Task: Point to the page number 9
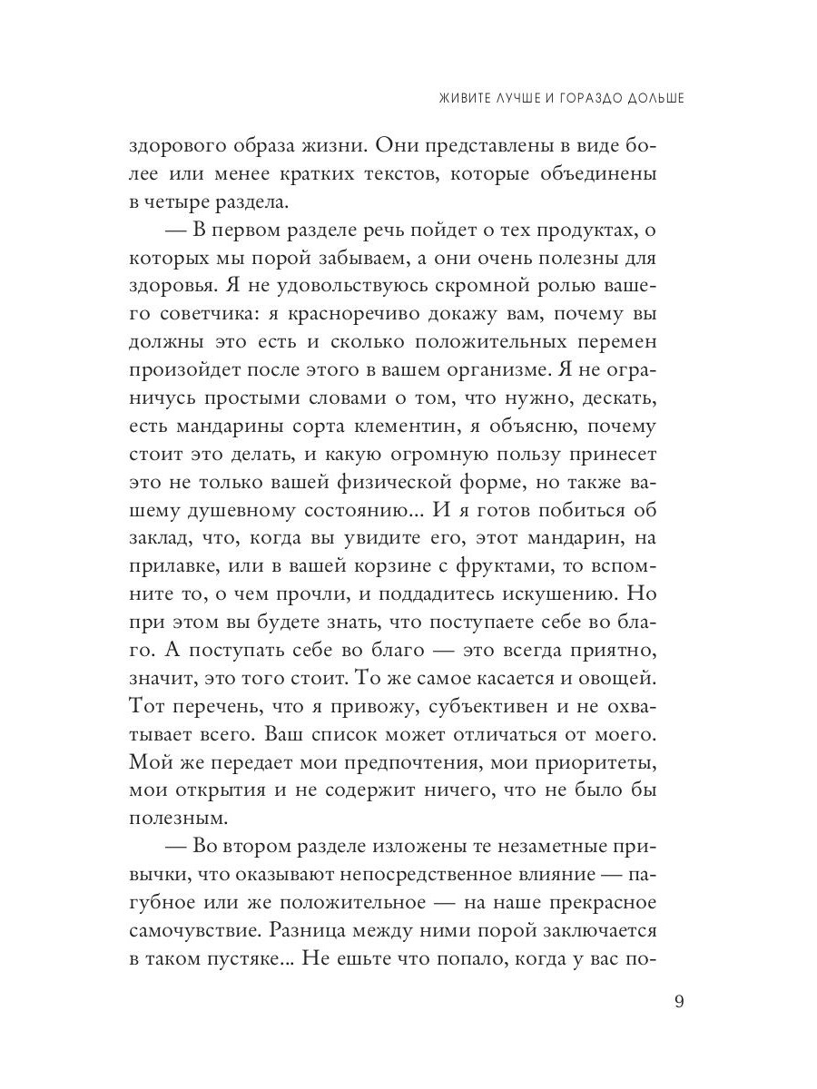click(679, 1001)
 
